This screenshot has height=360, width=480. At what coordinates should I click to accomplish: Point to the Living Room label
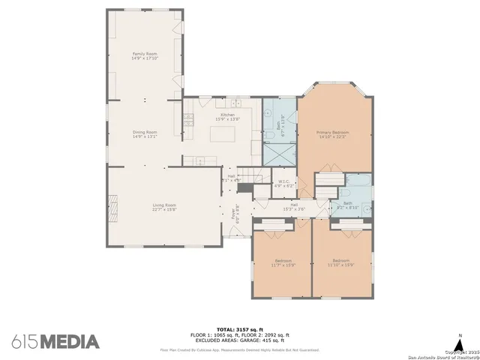pyautogui.click(x=164, y=207)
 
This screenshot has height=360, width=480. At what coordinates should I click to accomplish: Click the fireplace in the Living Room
pyautogui.click(x=114, y=204)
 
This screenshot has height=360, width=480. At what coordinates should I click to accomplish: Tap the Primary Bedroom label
pyautogui.click(x=334, y=135)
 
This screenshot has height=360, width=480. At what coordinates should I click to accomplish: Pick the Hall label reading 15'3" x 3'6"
pyautogui.click(x=294, y=207)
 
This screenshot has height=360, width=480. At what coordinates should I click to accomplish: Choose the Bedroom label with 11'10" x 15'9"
pyautogui.click(x=341, y=262)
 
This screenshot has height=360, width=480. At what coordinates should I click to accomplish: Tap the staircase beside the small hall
pyautogui.click(x=258, y=176)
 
